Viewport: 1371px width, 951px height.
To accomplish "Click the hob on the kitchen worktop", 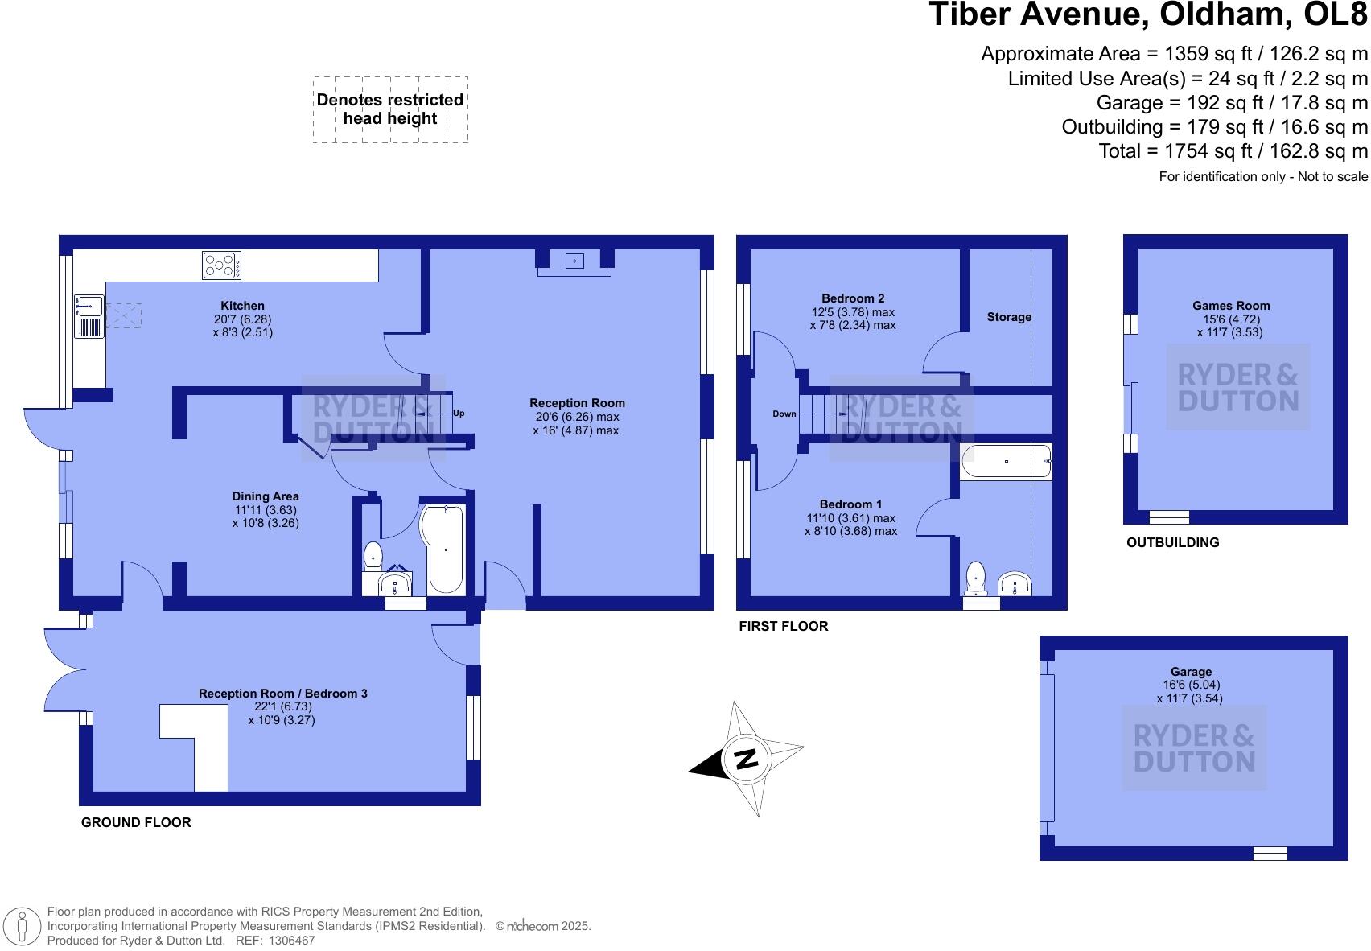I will [221, 266].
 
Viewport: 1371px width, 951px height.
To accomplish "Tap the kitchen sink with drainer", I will [89, 315].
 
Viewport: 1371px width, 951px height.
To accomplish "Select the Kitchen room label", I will [242, 306].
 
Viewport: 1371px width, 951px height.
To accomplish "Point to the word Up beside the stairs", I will [459, 414].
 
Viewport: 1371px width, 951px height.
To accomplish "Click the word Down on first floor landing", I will [784, 414].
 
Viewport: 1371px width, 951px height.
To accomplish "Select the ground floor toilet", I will [373, 556].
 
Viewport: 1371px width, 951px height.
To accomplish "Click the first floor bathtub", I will [1006, 462].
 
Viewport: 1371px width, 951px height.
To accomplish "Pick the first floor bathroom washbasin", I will [1015, 583].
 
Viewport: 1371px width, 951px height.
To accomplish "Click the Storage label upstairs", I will [1009, 317].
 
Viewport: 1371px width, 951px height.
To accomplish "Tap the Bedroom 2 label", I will [853, 298].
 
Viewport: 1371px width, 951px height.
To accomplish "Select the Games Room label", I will [1231, 306].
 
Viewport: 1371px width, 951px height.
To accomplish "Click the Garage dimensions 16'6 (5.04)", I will [1191, 685].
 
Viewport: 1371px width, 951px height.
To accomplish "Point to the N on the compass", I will [747, 759].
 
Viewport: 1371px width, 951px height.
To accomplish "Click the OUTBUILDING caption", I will [1172, 543].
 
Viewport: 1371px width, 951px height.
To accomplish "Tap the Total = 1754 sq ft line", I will [1233, 151].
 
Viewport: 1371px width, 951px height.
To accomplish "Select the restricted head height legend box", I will [390, 109].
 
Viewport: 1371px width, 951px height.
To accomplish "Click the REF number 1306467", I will [291, 940].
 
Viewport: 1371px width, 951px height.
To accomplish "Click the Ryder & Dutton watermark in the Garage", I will [1194, 748].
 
